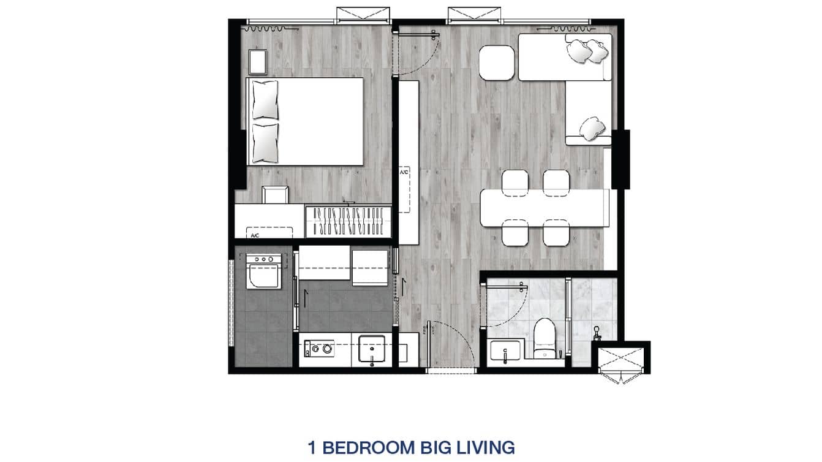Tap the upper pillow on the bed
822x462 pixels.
pos(265,99)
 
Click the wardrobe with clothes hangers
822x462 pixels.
pos(348,221)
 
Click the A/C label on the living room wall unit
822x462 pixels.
pos(404,173)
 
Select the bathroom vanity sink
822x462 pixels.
pos(505,352)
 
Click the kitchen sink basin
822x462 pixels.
pos(371,350)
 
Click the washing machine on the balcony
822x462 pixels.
pos(264,271)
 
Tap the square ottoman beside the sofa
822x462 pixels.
pos(497,62)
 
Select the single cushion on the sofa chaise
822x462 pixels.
pos(592,128)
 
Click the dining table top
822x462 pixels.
pos(545,208)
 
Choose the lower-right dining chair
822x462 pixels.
pos(556,233)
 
